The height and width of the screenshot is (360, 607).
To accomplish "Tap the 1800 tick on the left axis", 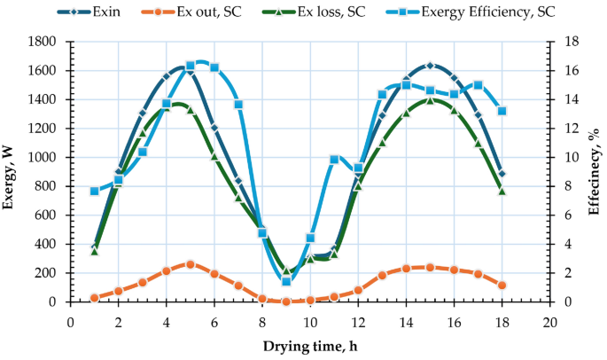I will [46, 42].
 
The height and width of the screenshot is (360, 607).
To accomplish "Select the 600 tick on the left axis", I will [50, 215].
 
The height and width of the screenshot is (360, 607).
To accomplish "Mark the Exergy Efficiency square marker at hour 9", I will [286, 281].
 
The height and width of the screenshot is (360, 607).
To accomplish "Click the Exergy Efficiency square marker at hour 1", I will [94, 191].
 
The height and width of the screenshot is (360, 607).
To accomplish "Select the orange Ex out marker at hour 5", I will [191, 264].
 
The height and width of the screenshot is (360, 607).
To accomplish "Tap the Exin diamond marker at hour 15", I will [430, 66].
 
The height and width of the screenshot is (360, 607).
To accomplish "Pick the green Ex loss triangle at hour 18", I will [502, 191].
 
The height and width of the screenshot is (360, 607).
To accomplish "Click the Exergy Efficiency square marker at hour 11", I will [334, 160].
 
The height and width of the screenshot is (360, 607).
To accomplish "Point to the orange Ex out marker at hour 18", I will [502, 286].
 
